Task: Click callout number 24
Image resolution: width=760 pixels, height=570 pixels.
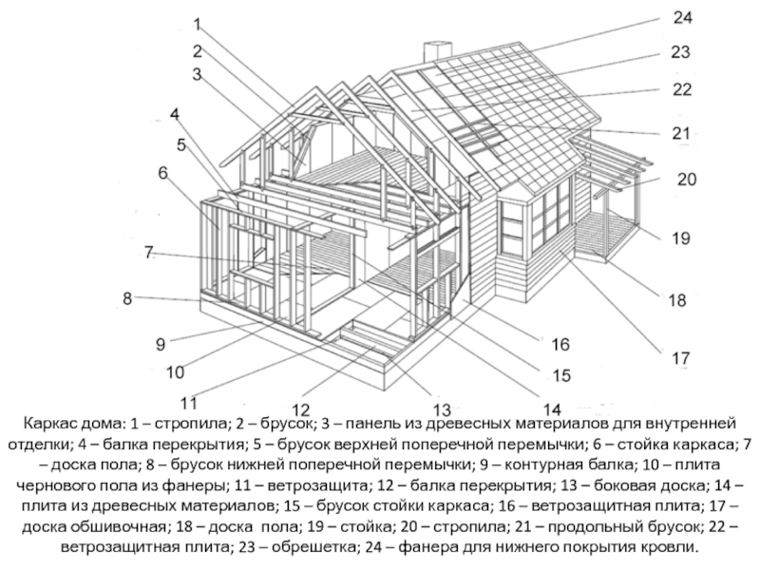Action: (x=682, y=18)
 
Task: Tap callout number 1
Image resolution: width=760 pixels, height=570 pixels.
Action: (x=197, y=23)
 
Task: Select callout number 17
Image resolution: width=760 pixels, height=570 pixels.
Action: (x=681, y=359)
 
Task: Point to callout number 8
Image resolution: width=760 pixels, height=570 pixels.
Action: (x=127, y=298)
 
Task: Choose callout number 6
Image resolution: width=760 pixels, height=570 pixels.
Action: (x=162, y=174)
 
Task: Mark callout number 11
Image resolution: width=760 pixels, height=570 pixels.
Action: (x=189, y=400)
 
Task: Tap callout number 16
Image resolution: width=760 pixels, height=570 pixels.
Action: (x=560, y=343)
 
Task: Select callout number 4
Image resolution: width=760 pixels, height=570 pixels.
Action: (x=175, y=114)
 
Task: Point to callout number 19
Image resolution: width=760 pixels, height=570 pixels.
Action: (x=681, y=238)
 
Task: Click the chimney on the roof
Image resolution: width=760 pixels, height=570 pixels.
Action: (x=438, y=52)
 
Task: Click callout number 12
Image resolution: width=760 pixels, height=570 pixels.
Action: (x=302, y=410)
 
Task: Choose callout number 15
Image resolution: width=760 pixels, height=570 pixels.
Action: (x=562, y=376)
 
